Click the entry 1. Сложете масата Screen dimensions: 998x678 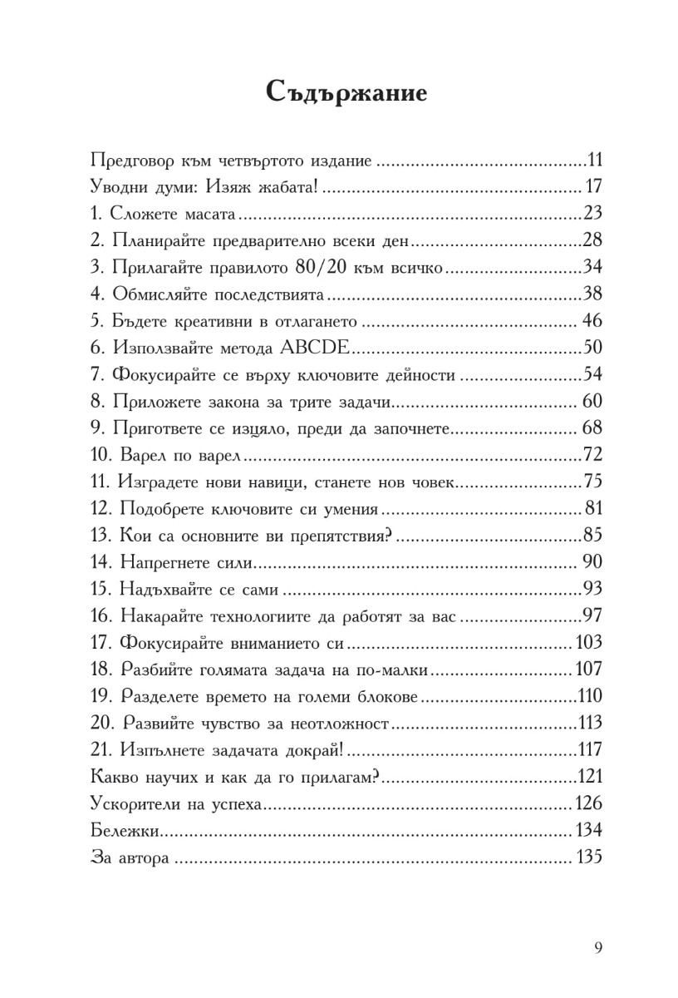pos(164,214)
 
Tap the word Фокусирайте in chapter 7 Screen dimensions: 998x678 pos(164,375)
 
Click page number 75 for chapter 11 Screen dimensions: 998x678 pos(592,482)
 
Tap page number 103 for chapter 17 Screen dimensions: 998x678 pos(587,644)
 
